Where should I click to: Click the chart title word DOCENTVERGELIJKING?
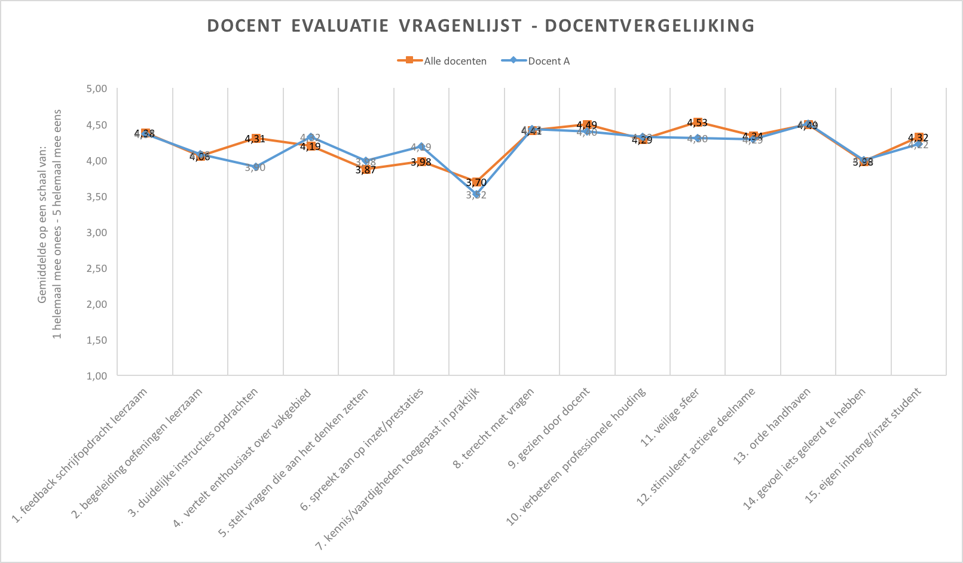click(649, 26)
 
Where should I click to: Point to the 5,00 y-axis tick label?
click(97, 89)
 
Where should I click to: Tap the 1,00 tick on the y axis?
click(97, 376)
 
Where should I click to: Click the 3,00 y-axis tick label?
click(97, 232)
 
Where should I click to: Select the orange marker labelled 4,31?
click(255, 139)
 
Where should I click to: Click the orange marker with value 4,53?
click(698, 123)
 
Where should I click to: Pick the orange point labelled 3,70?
click(476, 182)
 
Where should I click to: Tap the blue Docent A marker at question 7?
click(476, 195)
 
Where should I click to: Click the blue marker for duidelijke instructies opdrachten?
click(255, 167)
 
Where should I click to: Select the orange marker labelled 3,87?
click(366, 170)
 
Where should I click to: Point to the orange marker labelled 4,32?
click(919, 137)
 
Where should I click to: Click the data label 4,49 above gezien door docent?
click(587, 125)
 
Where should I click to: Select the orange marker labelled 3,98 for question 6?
click(421, 162)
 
